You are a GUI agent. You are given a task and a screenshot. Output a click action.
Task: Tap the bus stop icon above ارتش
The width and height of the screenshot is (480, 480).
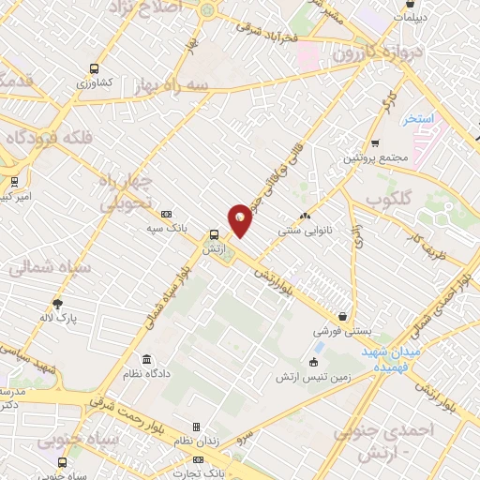click(x=215, y=235)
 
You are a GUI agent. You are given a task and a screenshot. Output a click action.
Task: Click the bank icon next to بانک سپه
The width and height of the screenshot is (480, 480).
click(x=167, y=214)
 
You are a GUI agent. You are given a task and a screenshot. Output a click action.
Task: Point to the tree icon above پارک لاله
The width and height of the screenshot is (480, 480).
click(x=58, y=304)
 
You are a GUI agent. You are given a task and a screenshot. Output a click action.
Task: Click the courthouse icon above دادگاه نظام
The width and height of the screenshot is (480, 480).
click(x=146, y=360)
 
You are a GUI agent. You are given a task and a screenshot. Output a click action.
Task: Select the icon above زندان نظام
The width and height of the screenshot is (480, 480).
click(x=196, y=427)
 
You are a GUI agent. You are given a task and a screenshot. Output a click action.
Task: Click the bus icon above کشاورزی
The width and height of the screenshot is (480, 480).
click(x=93, y=67)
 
